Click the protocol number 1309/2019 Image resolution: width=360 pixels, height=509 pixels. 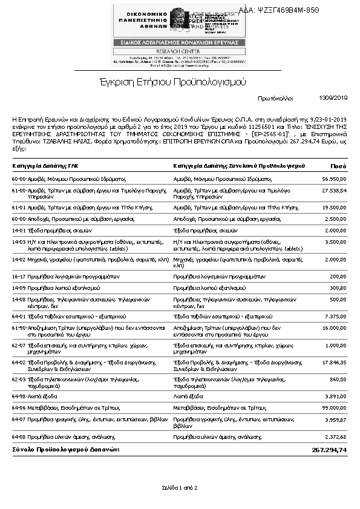(333, 97)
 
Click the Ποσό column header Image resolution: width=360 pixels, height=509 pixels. (338, 165)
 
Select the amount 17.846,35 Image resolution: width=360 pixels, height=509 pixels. (334, 361)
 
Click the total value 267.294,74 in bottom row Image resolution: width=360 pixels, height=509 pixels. (329, 450)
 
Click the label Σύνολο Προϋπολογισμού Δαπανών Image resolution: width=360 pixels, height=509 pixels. (66, 450)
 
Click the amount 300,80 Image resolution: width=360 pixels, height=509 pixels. (338, 287)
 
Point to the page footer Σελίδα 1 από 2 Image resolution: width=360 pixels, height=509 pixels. (180, 487)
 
